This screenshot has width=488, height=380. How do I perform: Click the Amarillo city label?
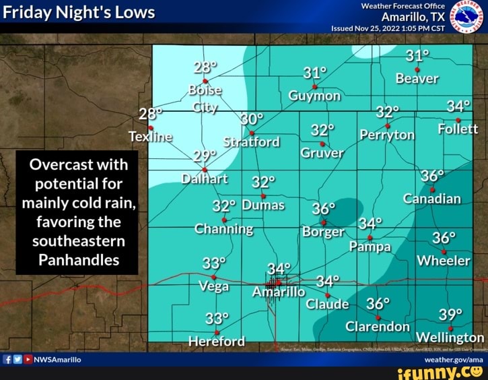(x=279, y=292)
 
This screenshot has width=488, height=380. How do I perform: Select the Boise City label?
(x=206, y=98)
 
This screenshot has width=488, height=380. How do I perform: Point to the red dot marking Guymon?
(x=314, y=84)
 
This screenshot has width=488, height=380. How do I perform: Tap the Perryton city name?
(x=387, y=135)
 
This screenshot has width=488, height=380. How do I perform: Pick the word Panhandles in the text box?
(x=76, y=259)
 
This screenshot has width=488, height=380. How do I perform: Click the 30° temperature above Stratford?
(x=252, y=119)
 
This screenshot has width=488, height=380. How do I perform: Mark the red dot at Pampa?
(x=370, y=238)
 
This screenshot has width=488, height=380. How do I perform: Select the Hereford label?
(x=216, y=341)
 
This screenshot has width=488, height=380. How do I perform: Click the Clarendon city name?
(x=378, y=326)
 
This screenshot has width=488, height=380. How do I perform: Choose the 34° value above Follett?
(x=458, y=106)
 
